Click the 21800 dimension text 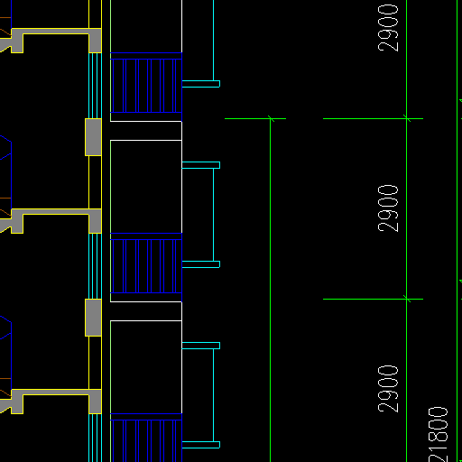click(438, 435)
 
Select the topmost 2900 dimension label click(388, 28)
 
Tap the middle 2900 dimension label click(388, 208)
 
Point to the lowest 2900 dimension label click(388, 389)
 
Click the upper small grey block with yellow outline click(93, 137)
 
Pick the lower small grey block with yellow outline click(93, 318)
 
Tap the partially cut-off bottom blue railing click(146, 438)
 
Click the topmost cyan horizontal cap click(201, 84)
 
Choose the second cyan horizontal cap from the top click(201, 165)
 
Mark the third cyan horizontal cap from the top click(201, 264)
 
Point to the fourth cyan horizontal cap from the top click(201, 346)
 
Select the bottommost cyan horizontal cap click(201, 445)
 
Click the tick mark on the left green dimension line click(271, 119)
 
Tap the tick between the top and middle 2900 click(407, 118)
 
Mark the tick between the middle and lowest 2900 click(407, 299)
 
